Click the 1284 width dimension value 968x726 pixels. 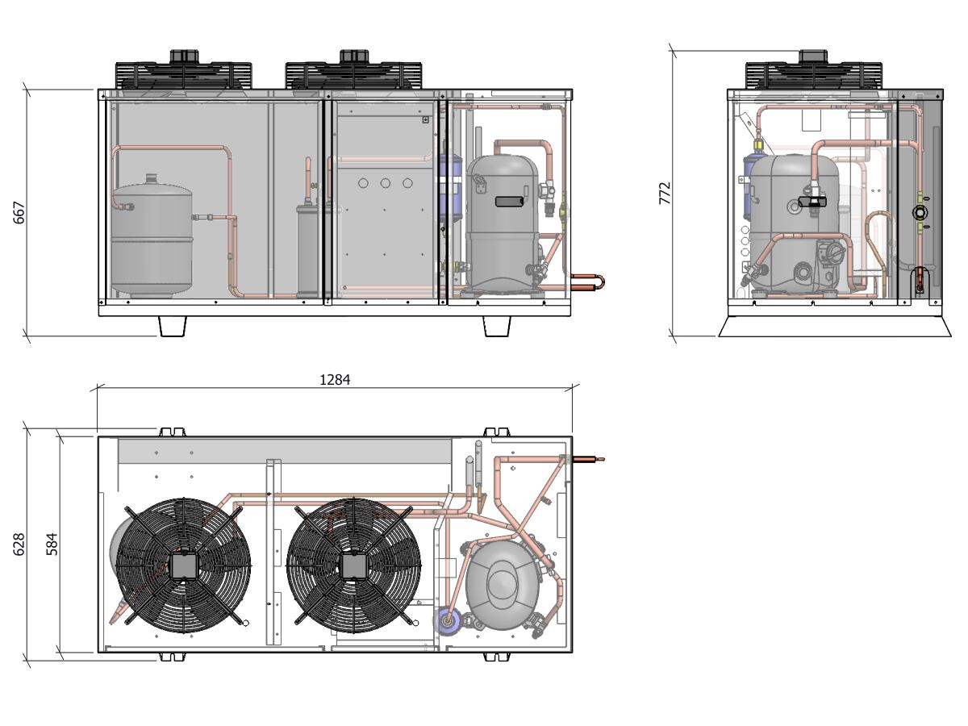point(335,379)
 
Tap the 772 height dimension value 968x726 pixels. point(665,193)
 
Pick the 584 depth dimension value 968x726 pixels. point(52,544)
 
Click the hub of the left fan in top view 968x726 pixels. point(183,565)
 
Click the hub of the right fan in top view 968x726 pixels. point(353,565)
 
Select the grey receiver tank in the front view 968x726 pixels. point(152,238)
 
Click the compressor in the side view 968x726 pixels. point(803,222)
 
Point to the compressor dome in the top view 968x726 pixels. point(503,585)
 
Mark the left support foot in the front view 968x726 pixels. point(173,326)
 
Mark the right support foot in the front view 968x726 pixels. point(496,326)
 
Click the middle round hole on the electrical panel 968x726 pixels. point(386,182)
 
